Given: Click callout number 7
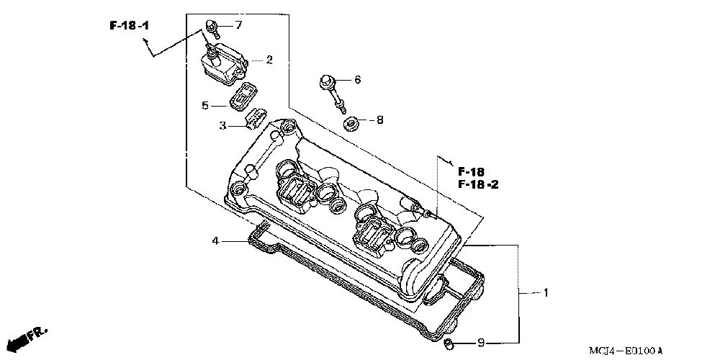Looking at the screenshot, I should [x=238, y=25].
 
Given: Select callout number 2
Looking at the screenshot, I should [x=269, y=60].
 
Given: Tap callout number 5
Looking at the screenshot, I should [x=205, y=106].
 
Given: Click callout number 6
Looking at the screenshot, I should [x=356, y=79].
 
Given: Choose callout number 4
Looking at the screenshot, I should [x=215, y=240].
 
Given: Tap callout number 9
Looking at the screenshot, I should [x=480, y=342].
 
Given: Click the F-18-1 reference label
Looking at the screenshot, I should [x=130, y=26].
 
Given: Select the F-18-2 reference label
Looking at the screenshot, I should [x=478, y=184].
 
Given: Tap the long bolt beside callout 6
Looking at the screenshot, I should [x=330, y=91].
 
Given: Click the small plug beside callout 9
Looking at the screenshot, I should [x=447, y=343].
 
